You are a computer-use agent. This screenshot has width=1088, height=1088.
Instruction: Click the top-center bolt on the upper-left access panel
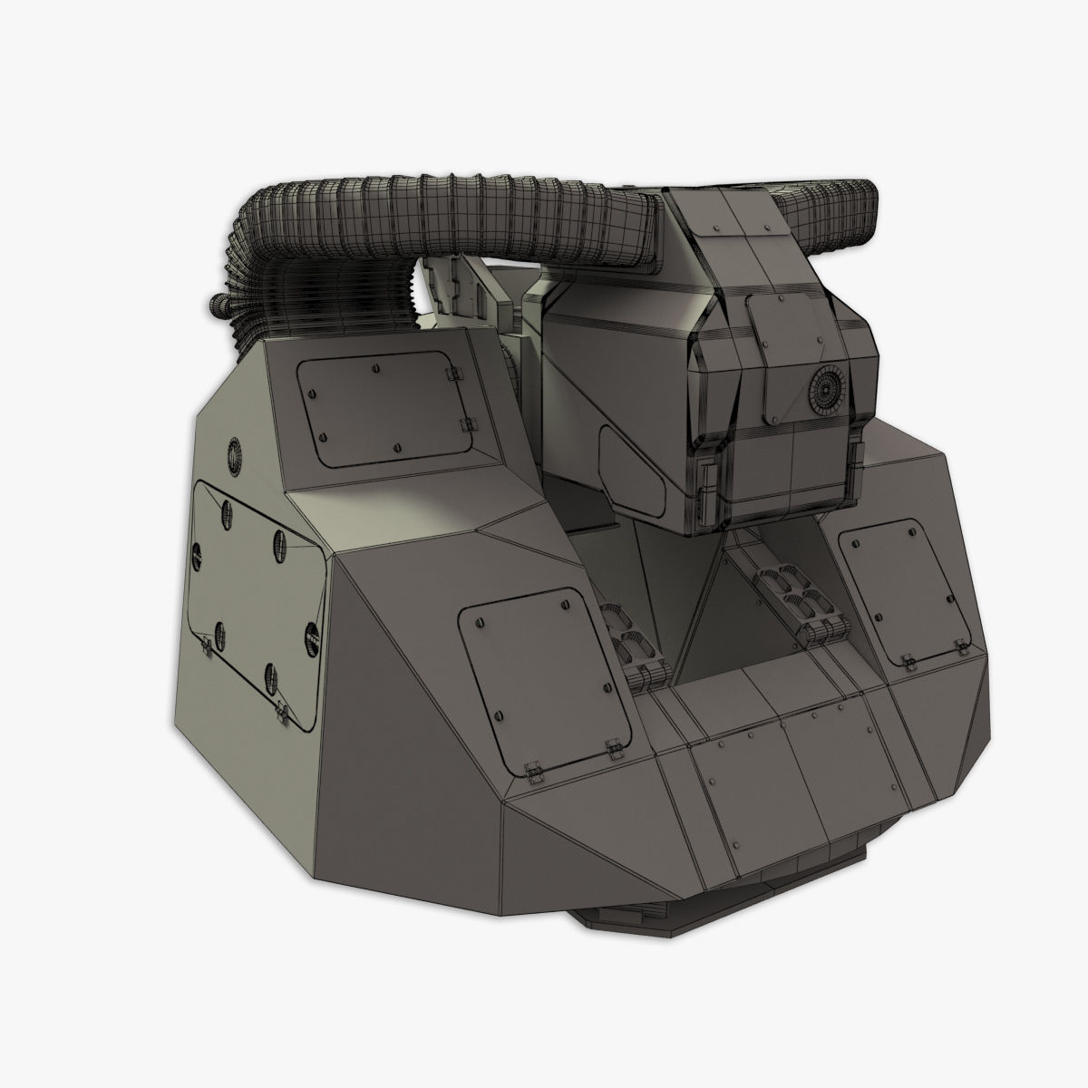(x=375, y=368)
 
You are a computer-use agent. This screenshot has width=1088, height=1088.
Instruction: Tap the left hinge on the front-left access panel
(x=534, y=769)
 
